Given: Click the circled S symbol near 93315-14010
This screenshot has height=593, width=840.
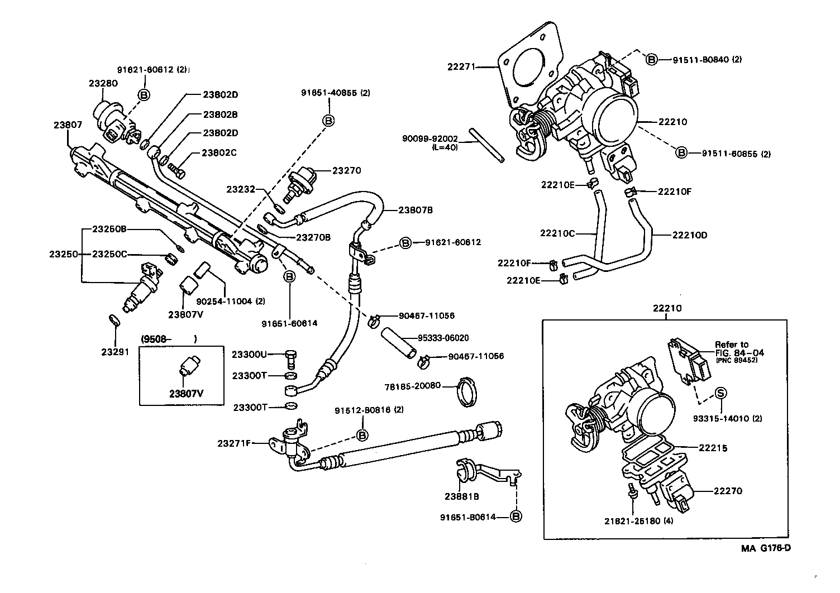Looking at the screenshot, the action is [720, 393].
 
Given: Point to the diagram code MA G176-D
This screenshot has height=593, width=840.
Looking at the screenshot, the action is [766, 548].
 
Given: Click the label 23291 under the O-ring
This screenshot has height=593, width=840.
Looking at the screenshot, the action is [114, 352].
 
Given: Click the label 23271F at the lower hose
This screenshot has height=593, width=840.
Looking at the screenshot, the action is [233, 444].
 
